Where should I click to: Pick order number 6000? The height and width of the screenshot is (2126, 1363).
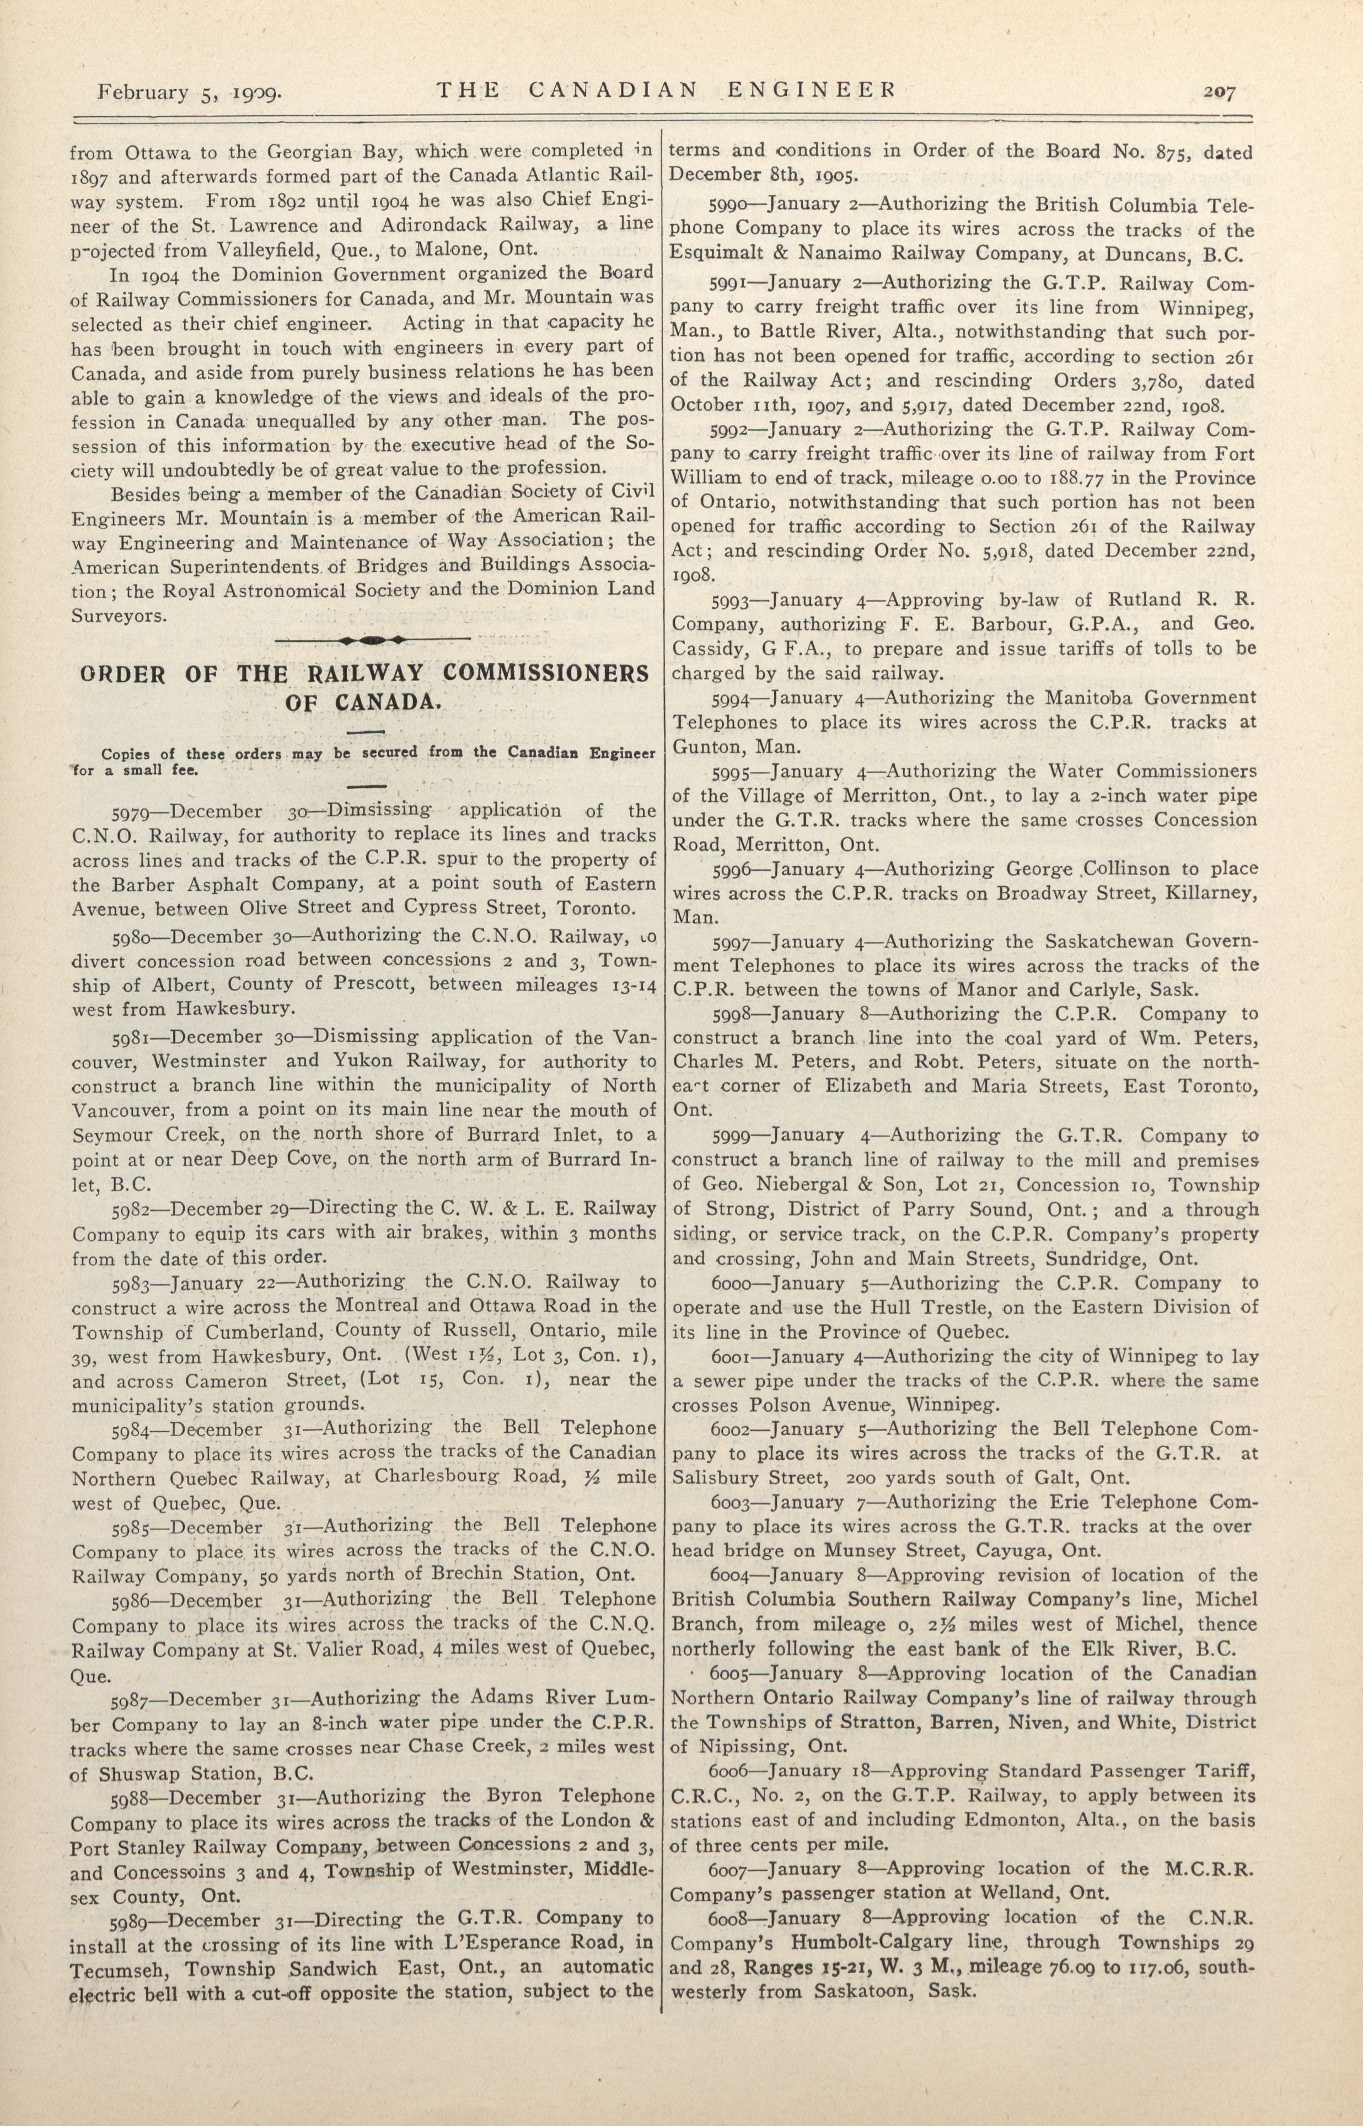(734, 1283)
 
